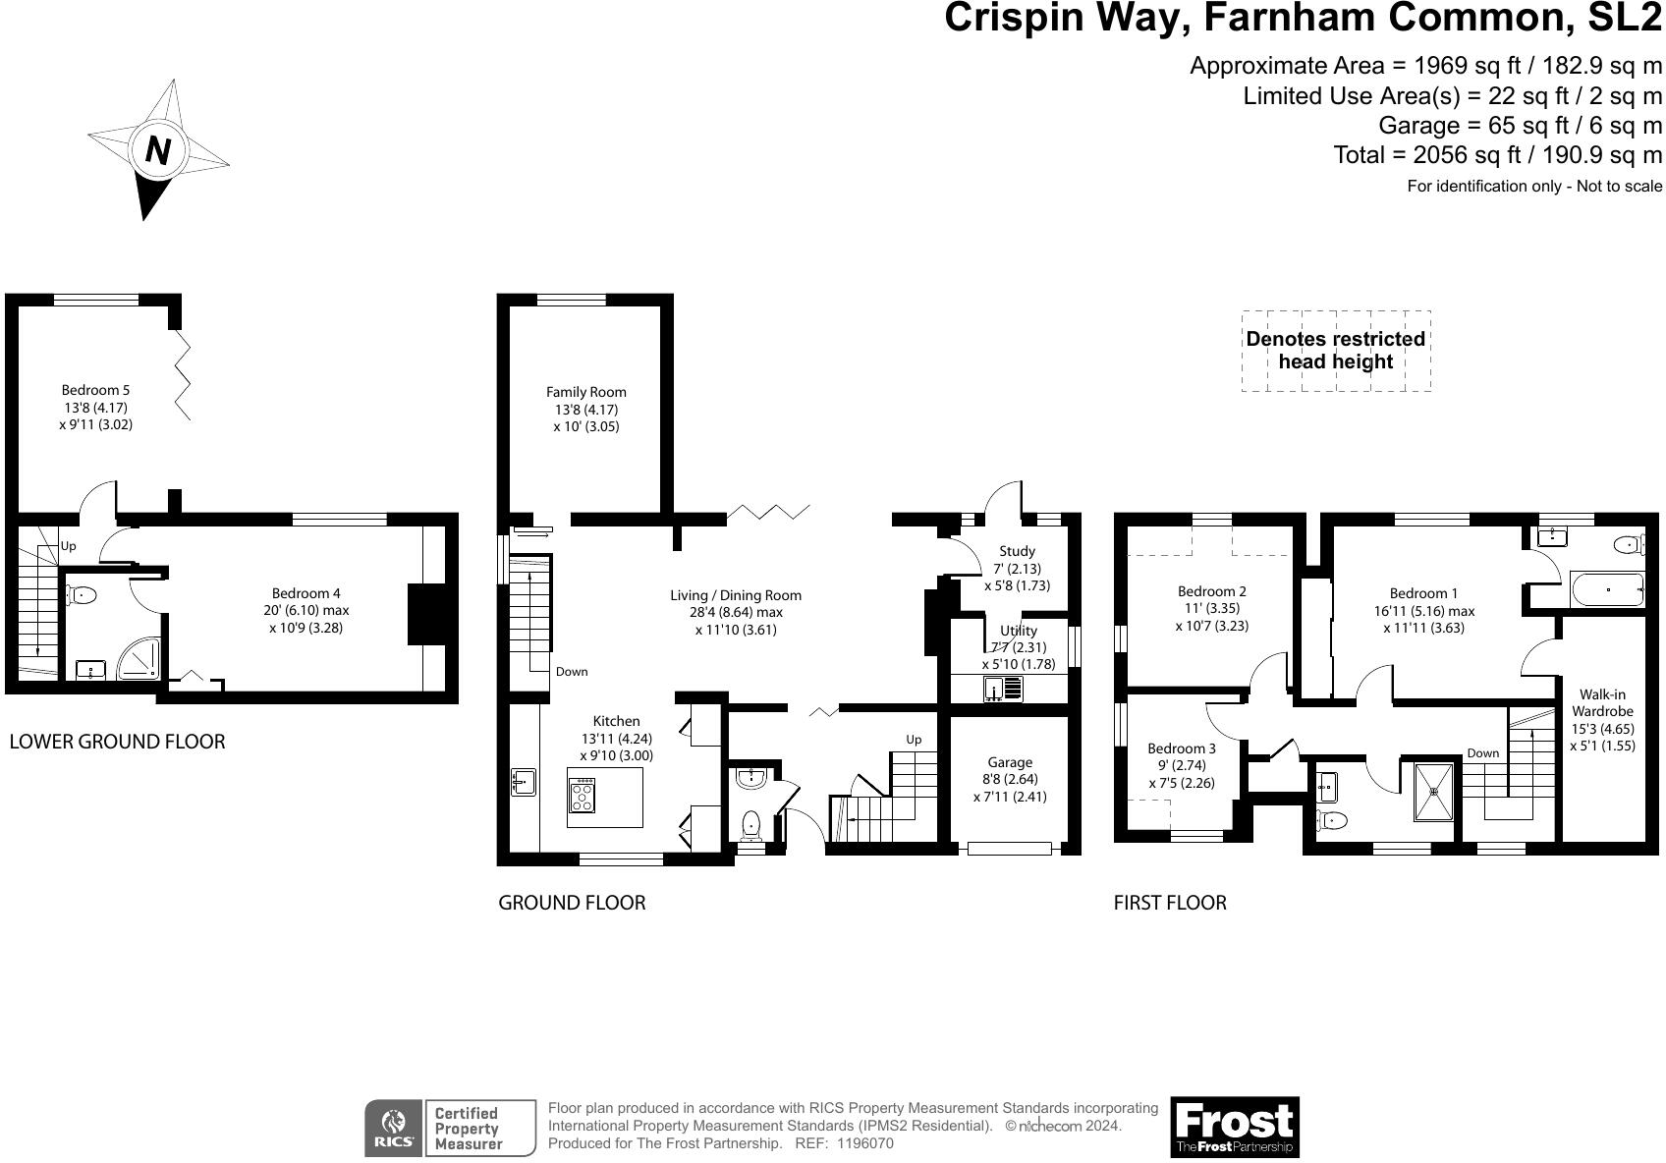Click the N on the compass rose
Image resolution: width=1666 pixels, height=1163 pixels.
(x=158, y=150)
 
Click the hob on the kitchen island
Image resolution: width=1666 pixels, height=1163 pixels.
(x=582, y=795)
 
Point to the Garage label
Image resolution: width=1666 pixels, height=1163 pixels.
(x=1010, y=762)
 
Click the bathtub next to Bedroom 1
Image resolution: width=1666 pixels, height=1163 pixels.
(x=1607, y=590)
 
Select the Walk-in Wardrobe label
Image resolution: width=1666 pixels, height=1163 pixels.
(x=1602, y=702)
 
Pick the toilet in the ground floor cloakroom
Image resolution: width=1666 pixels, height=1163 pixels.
(x=751, y=823)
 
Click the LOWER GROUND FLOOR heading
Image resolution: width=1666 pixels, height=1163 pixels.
(x=117, y=742)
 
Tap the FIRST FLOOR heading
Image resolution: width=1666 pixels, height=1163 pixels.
(x=1170, y=902)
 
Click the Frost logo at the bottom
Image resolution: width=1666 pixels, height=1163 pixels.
(x=1234, y=1127)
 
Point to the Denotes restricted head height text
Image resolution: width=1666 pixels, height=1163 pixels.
(x=1335, y=351)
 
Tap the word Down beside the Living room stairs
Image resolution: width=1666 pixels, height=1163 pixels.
(x=572, y=672)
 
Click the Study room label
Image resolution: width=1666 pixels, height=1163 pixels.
(x=1017, y=551)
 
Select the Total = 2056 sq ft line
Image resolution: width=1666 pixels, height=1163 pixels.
(x=1497, y=154)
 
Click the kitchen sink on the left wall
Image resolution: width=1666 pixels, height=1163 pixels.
(x=523, y=782)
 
